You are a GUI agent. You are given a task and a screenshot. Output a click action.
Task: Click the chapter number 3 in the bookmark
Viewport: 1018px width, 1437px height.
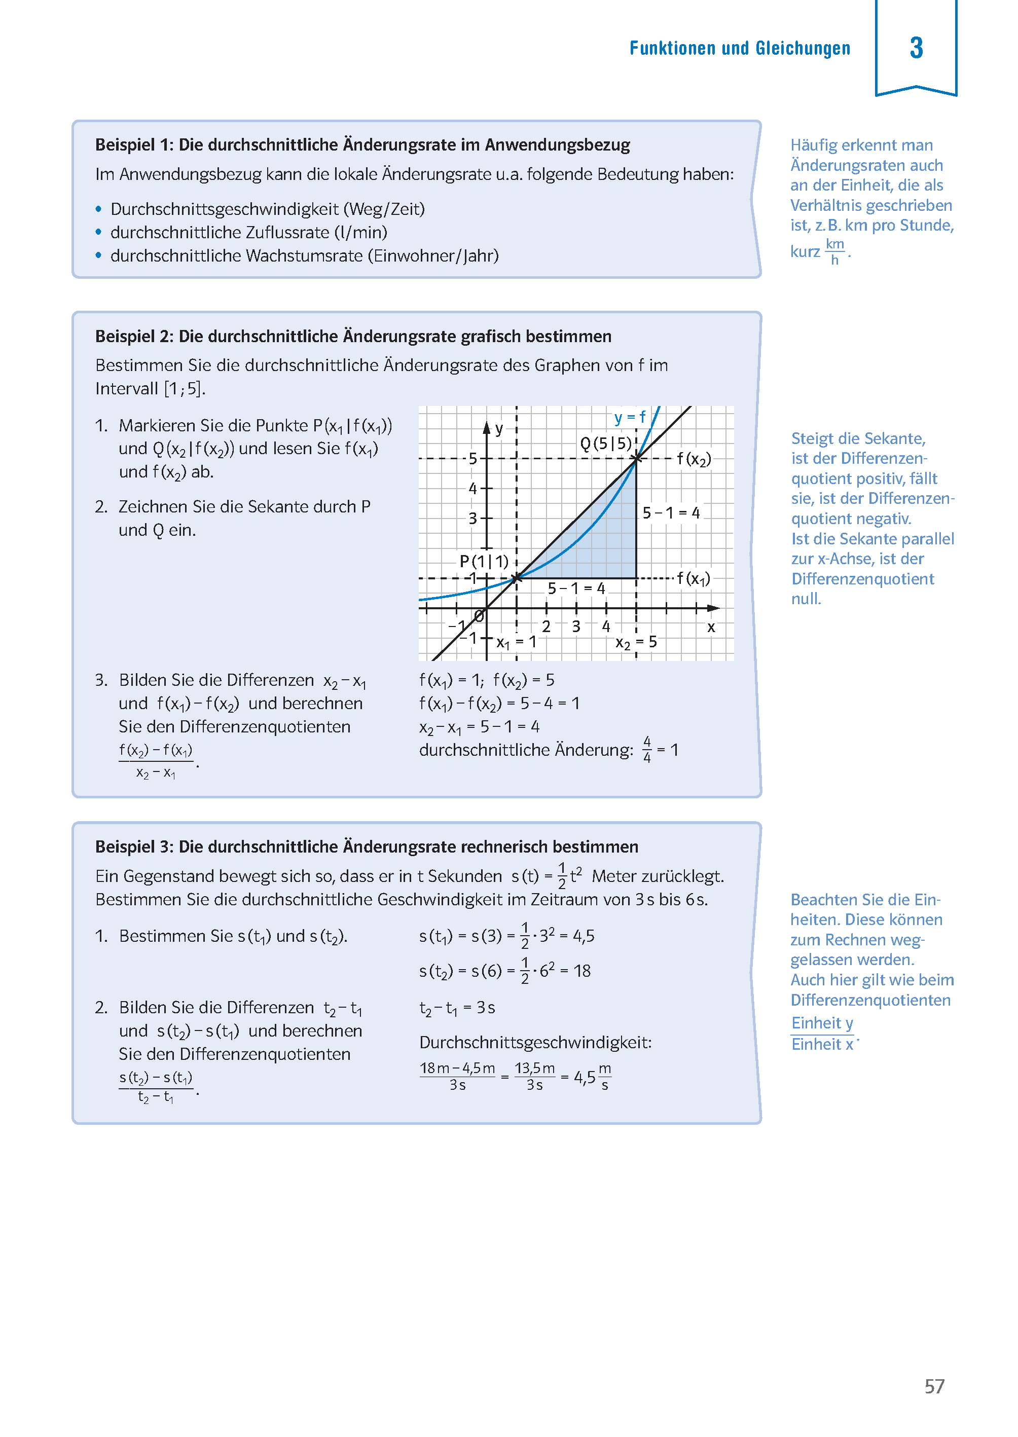[916, 48]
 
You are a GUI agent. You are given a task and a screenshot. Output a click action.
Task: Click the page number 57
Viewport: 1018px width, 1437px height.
[934, 1386]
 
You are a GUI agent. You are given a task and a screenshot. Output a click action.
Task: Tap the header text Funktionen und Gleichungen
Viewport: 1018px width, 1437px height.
[740, 48]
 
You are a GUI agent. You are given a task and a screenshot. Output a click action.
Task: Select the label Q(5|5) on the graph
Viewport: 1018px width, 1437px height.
[605, 444]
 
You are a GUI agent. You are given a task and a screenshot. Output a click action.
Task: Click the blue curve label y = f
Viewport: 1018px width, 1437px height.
[629, 417]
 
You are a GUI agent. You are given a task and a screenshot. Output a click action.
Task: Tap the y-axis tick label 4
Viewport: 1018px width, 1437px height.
[472, 488]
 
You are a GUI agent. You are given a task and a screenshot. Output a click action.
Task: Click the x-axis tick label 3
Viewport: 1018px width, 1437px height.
[575, 626]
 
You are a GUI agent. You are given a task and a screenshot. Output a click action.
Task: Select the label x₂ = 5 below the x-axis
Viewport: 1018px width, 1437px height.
[636, 642]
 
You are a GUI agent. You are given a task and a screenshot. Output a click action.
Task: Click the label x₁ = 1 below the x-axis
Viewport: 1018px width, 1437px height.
[516, 642]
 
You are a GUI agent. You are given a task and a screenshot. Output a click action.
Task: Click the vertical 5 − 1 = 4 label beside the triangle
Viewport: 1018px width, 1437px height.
[671, 512]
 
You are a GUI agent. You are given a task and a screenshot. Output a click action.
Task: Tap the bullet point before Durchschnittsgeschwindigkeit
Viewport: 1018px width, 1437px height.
[98, 209]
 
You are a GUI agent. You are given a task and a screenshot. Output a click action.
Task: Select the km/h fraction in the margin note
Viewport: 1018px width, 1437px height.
[834, 251]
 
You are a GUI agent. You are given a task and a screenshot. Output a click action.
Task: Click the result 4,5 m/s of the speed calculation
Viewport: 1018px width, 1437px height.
[592, 1077]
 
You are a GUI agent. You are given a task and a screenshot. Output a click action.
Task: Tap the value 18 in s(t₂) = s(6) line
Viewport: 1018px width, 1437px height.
[581, 971]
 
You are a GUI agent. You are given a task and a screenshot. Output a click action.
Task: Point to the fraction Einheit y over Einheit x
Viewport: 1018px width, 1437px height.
[822, 1034]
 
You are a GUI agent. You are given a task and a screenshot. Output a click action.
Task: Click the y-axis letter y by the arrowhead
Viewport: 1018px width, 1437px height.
[499, 429]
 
